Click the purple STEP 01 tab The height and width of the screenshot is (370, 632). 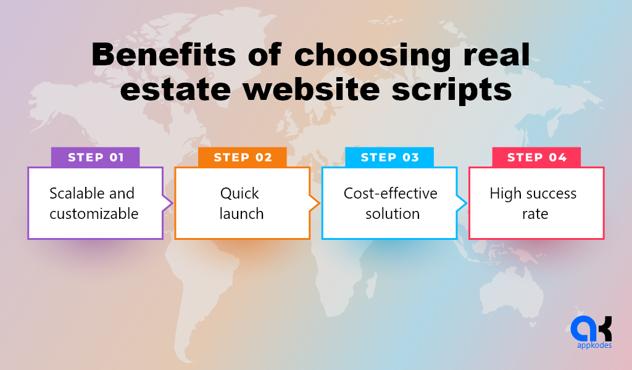tap(95, 157)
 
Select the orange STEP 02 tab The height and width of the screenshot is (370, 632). tap(243, 157)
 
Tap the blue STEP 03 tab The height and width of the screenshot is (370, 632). tap(389, 157)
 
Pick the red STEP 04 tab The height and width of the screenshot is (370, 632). tap(536, 157)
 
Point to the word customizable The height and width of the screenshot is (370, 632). tap(94, 214)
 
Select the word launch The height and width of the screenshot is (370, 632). tap(241, 214)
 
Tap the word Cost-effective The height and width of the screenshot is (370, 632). tap(390, 194)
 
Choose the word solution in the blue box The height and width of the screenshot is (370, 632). tap(391, 214)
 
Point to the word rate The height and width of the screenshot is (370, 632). tap(535, 214)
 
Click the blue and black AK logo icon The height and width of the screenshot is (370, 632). tap(591, 328)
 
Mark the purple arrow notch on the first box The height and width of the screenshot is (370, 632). tap(167, 203)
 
